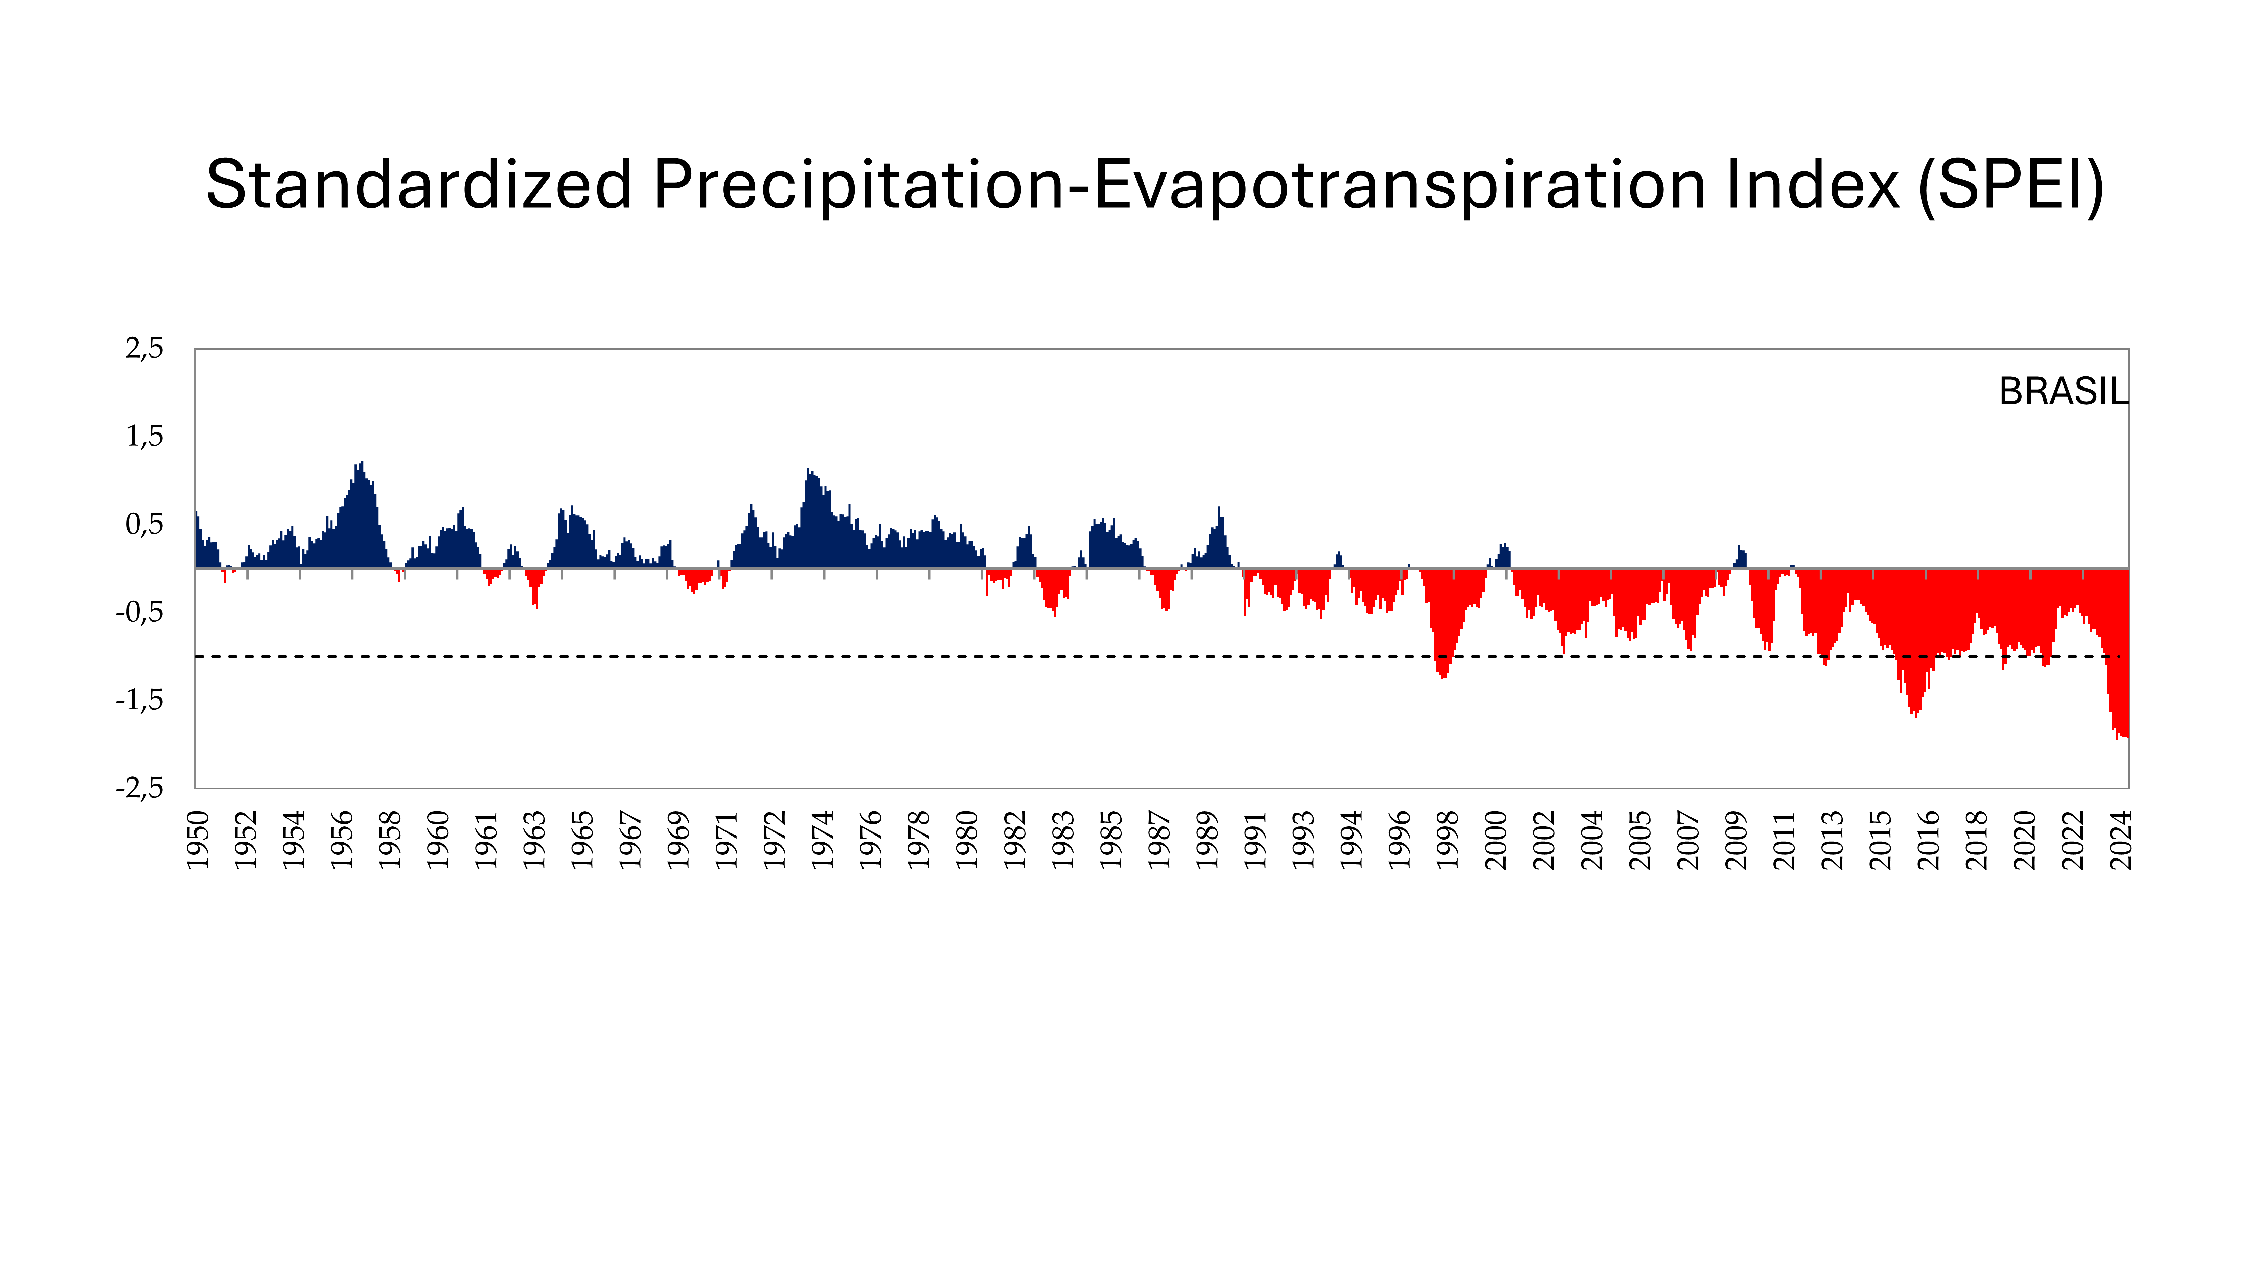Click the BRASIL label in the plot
(x=2063, y=392)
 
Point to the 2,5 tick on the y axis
(x=144, y=348)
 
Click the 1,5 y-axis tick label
(x=144, y=436)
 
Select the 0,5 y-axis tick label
(x=144, y=524)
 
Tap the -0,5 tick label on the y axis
(x=140, y=612)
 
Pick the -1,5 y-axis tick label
(x=140, y=700)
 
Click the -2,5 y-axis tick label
(x=140, y=788)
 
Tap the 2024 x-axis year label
(x=2120, y=840)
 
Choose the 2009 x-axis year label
(x=1736, y=840)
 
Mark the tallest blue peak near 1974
(x=810, y=477)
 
